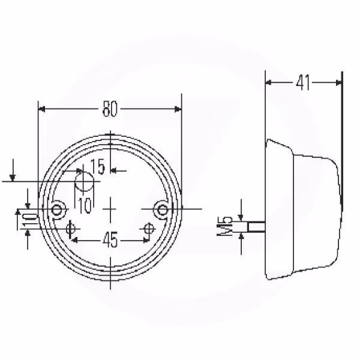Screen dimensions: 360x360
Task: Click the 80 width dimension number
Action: (110, 109)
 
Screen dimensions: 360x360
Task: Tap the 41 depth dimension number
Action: (303, 82)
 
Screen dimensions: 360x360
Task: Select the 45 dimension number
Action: (110, 239)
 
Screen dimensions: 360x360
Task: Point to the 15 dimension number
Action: (98, 166)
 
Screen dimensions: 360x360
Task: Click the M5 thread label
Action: (225, 226)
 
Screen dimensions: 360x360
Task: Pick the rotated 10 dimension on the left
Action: (29, 220)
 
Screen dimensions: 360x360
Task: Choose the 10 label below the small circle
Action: (85, 205)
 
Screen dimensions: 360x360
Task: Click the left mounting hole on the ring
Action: (56, 209)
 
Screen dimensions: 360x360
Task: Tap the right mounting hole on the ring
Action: (163, 209)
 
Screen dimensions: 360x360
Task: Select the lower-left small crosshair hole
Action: (70, 229)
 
